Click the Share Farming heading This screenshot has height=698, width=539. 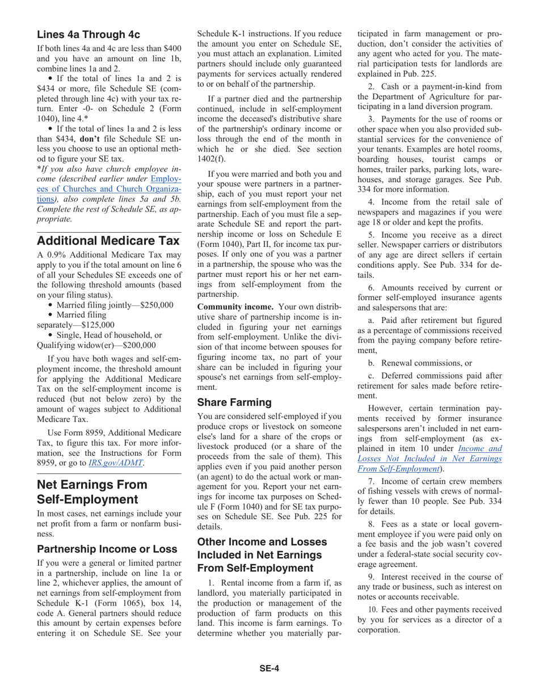click(x=234, y=402)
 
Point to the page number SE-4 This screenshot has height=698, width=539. click(x=269, y=668)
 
